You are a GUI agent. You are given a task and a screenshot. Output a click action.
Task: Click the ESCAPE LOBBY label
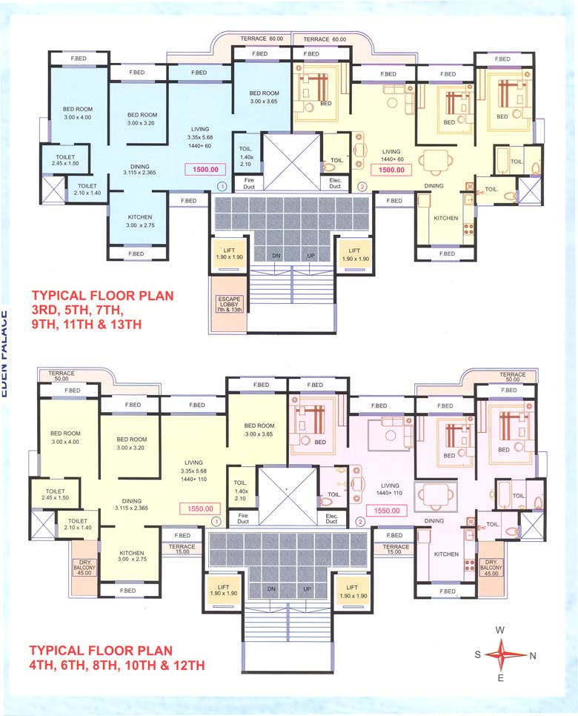point(229,303)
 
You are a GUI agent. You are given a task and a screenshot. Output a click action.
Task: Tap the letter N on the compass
point(533,655)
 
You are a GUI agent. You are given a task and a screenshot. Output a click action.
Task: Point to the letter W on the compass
point(500,630)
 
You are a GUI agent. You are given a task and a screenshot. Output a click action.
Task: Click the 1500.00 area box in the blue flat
point(205,170)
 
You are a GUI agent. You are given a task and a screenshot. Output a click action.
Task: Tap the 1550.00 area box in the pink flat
point(385,510)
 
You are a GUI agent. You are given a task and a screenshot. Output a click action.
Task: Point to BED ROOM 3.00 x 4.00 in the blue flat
point(77,113)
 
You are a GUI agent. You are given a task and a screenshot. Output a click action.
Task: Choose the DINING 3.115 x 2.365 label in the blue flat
point(136,170)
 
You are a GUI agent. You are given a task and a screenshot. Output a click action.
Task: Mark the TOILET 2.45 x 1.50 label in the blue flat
point(64,159)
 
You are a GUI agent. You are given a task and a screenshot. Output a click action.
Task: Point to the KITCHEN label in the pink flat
point(447,554)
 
